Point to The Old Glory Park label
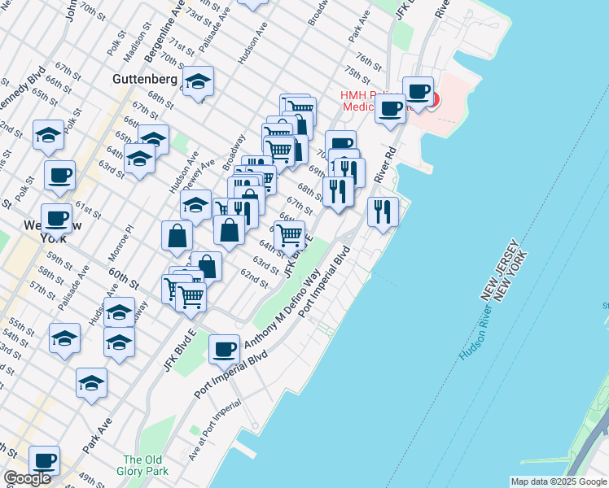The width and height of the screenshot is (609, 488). [x=145, y=465]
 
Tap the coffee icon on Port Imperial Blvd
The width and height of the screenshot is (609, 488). [x=224, y=349]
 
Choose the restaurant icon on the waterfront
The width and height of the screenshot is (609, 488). [x=383, y=212]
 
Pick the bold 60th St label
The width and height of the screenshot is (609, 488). [x=122, y=278]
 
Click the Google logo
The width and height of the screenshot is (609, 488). [x=27, y=478]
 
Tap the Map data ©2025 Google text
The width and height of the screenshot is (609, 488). [x=558, y=481]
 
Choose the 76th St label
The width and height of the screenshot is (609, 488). [x=369, y=63]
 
